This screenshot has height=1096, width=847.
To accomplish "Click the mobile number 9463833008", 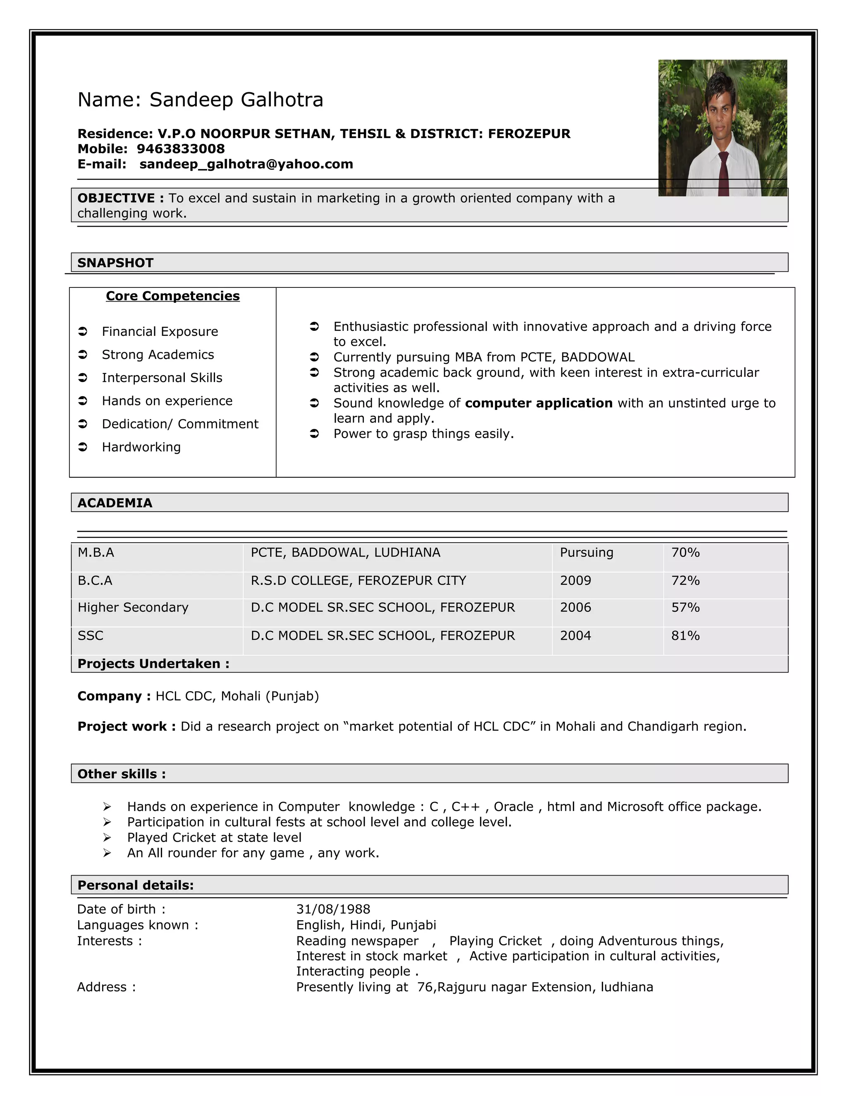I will coord(181,149).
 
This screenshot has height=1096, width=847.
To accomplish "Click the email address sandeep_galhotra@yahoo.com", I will coord(246,164).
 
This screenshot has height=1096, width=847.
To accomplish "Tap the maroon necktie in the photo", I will coord(723,173).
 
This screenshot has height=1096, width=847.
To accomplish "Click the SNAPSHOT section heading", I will coord(115,263).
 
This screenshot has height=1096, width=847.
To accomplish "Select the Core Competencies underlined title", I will coord(172,296).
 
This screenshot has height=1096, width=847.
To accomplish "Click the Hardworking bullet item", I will coord(141,447).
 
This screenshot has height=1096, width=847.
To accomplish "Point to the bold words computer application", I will coord(538,404).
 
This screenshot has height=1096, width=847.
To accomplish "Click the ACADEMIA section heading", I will coord(115,503).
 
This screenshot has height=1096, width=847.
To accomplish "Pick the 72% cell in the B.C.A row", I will coord(685,581).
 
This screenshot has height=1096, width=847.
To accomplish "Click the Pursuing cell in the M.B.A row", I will coord(586,553).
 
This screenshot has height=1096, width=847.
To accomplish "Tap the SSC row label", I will coord(90,636).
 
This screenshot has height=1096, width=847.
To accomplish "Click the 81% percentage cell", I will coord(685,636).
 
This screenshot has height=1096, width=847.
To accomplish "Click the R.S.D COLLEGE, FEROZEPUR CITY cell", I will coord(358,581).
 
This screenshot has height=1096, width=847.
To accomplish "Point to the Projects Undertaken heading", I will coord(153,664).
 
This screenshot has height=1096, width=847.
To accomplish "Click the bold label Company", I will coord(109,696).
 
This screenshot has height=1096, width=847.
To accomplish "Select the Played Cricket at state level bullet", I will coord(214,838).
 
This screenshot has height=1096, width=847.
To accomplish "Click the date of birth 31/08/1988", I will coord(333,909).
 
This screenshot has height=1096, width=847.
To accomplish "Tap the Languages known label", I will coord(137,925).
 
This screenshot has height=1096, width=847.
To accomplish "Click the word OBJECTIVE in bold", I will coord(116,198).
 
